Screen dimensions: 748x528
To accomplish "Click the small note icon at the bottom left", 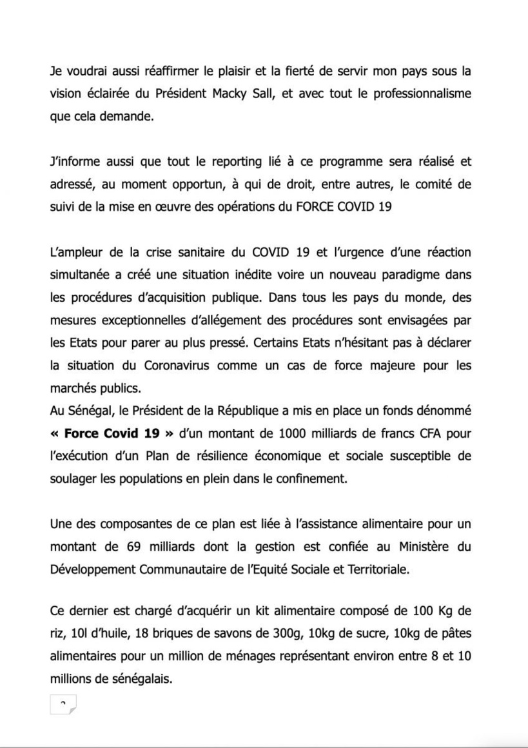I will (x=63, y=704).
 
